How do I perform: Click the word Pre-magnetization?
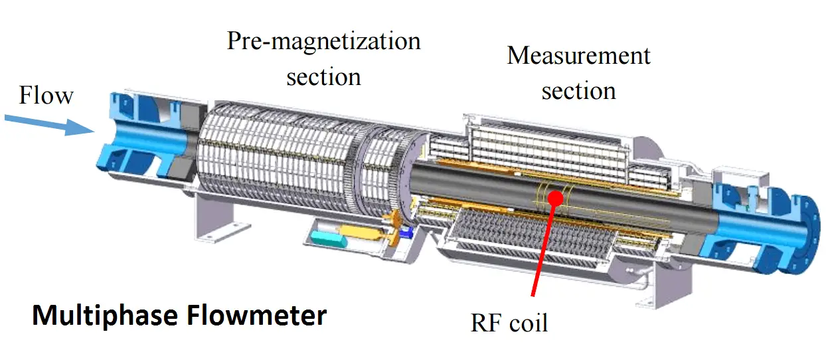pos(323,41)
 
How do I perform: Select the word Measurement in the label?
pos(578,56)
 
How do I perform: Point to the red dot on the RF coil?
pos(557,197)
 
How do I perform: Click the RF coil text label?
pos(509,323)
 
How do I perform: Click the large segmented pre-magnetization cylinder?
pos(279,159)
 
